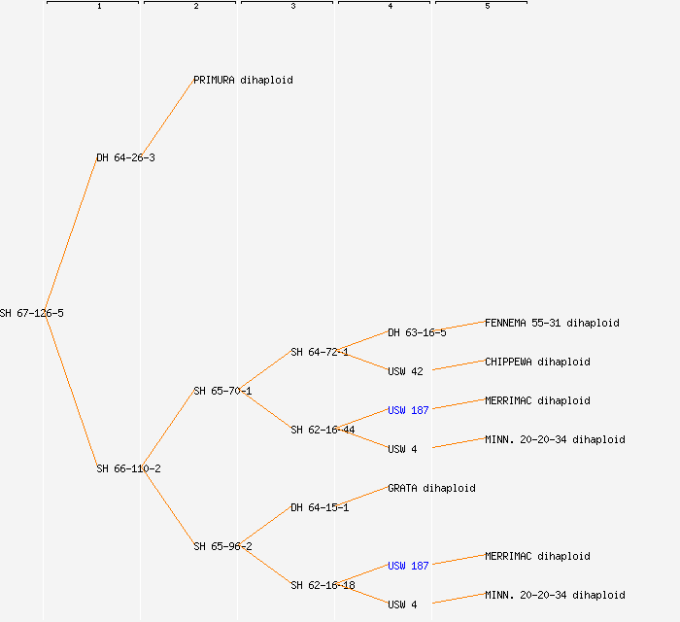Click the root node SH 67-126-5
coord(32,313)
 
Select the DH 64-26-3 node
coord(125,157)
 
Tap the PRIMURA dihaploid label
coord(243,80)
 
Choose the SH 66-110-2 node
coord(128,468)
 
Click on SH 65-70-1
coord(222,391)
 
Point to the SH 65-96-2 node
coord(222,546)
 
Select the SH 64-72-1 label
coord(320,352)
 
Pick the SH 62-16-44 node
coord(323,430)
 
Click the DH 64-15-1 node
coord(320,507)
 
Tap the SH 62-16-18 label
coord(323,585)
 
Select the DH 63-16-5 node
coord(417,332)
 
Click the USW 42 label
coord(405,371)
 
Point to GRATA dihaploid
coord(431,488)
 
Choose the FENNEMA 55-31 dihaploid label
coord(552,323)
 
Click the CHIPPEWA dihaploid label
coord(537,362)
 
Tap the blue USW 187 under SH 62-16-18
coord(408,566)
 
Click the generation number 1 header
coord(98,7)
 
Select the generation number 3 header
coord(292,7)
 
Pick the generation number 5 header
coord(487,7)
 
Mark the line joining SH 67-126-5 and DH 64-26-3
coord(71,235)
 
